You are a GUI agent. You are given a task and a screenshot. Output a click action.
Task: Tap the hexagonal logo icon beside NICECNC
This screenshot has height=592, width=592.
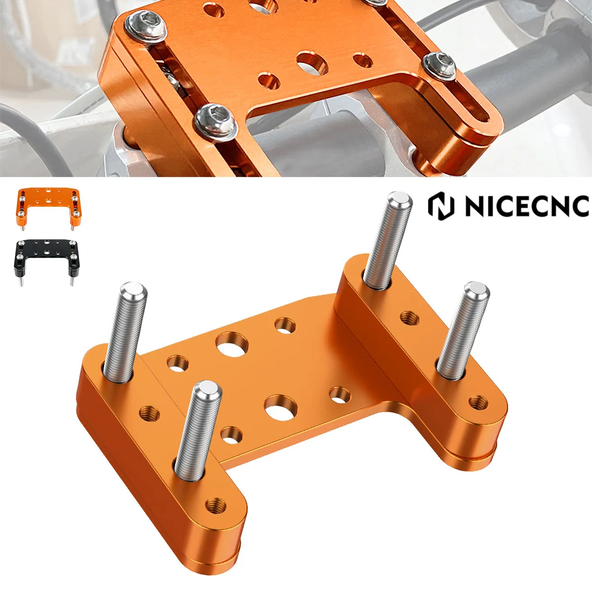point(441,206)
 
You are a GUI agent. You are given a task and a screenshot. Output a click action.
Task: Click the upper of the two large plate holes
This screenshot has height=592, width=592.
point(231,344)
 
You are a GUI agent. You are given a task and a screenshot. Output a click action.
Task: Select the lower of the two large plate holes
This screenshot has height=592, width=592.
point(280,407)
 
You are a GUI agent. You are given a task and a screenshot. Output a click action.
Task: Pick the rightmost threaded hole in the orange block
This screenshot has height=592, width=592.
point(476,402)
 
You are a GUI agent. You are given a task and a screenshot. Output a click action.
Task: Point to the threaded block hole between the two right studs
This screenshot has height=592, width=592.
point(408,317)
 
